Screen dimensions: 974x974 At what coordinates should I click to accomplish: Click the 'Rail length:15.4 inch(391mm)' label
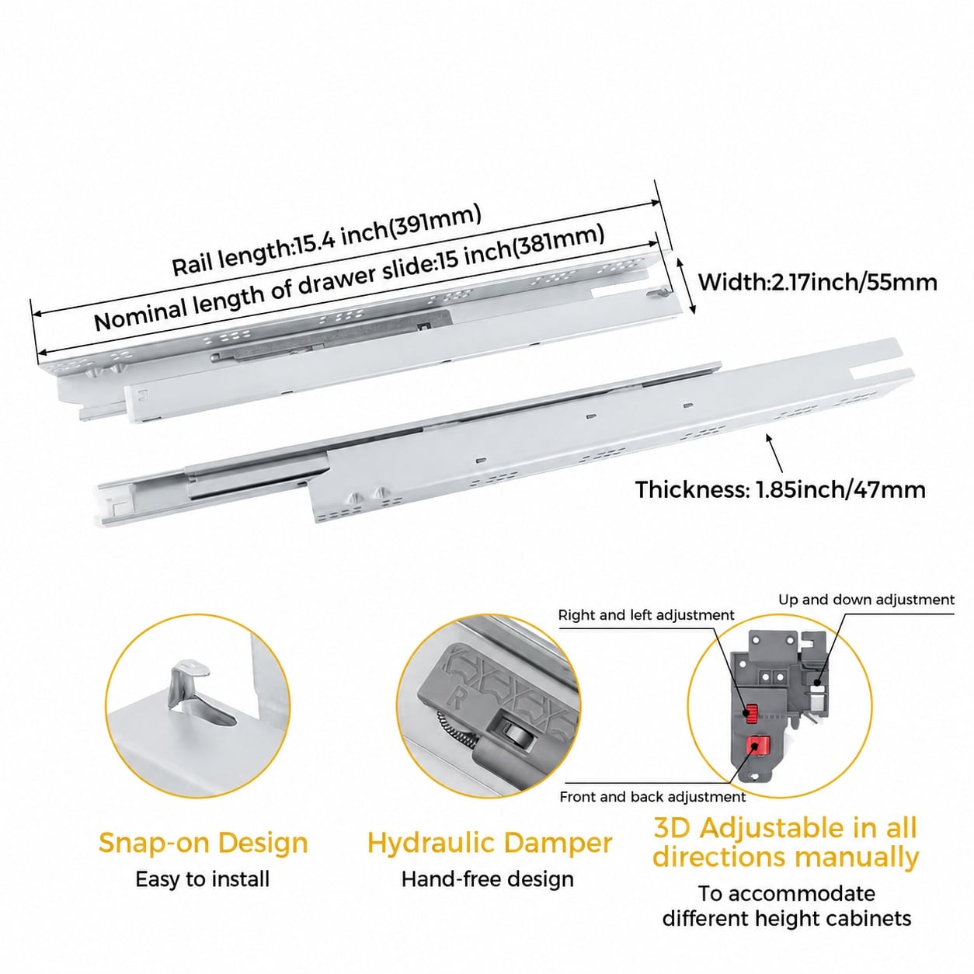click(x=326, y=241)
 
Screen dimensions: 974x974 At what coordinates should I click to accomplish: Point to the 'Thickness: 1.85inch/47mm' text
click(x=781, y=490)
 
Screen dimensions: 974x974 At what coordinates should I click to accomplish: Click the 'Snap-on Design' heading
click(x=203, y=843)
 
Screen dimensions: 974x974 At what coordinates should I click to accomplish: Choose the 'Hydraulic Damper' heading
click(x=489, y=843)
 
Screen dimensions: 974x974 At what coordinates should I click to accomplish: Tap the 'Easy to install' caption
click(x=203, y=879)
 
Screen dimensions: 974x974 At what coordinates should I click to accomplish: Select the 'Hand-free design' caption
click(x=488, y=879)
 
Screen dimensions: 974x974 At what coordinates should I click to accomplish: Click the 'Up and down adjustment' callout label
click(x=866, y=600)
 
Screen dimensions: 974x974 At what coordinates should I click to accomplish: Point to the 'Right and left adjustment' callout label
click(x=646, y=615)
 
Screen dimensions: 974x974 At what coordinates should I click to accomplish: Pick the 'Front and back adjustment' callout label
click(x=652, y=797)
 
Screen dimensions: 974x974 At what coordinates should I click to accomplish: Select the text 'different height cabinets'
click(x=787, y=918)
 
